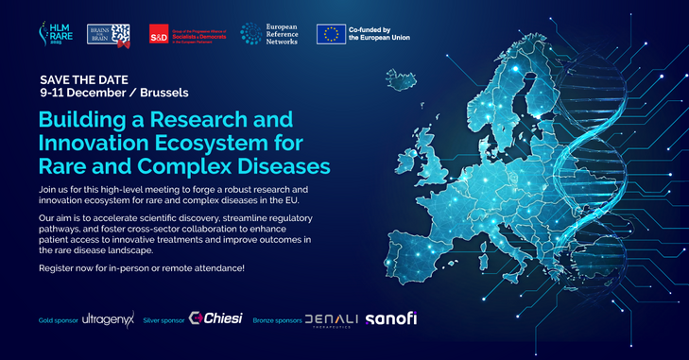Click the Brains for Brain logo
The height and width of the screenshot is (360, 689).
click(x=107, y=35)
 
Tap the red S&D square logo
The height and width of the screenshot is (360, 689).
click(x=162, y=36)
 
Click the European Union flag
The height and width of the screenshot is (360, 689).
click(x=330, y=35)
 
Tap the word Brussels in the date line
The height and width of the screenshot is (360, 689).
click(x=163, y=94)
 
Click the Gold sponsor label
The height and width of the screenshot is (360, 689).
click(x=58, y=320)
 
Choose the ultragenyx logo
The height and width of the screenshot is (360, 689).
click(x=107, y=320)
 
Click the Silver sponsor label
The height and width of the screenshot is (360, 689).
click(x=164, y=320)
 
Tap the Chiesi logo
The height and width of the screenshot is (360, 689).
click(x=216, y=319)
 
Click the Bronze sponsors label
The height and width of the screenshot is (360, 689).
click(x=278, y=320)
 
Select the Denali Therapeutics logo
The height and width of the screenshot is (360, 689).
click(x=331, y=320)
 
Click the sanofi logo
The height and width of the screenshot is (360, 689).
click(x=390, y=318)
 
